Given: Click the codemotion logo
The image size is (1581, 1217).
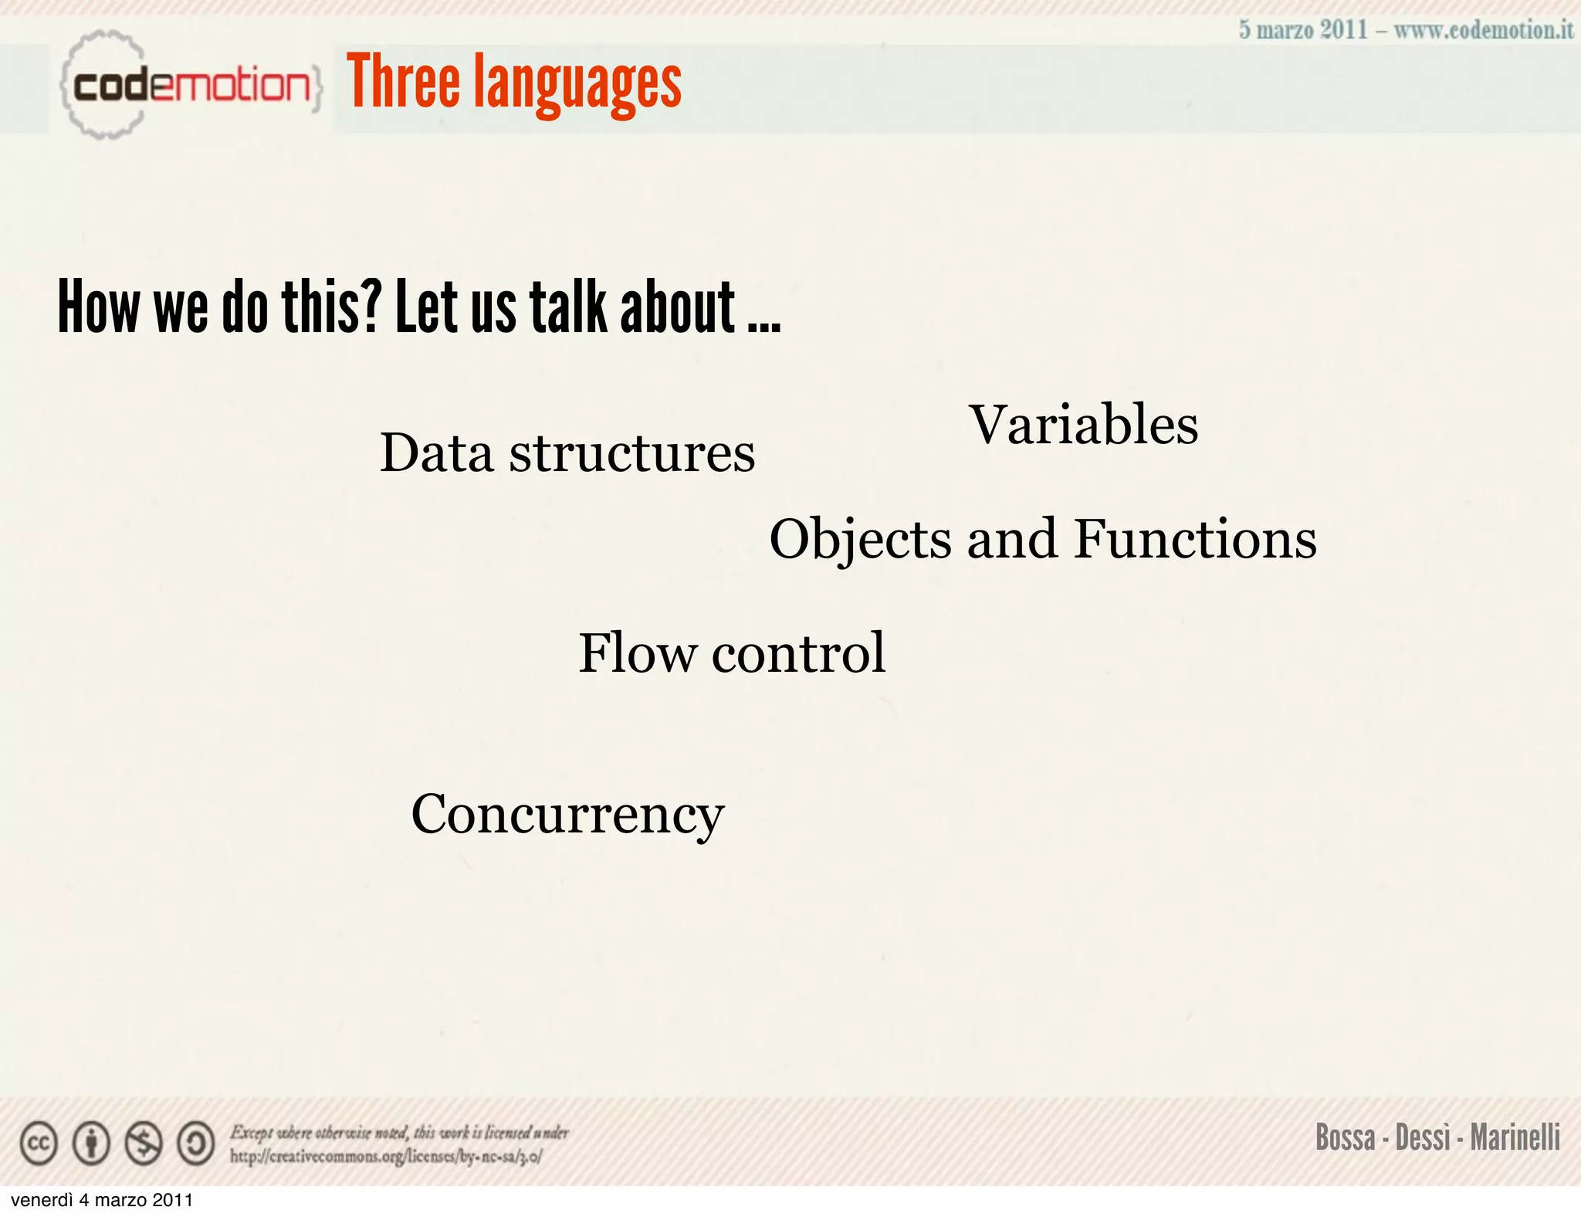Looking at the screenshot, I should [190, 85].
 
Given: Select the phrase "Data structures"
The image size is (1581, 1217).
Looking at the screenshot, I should [567, 453].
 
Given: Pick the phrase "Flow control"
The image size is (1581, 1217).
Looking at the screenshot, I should [732, 653].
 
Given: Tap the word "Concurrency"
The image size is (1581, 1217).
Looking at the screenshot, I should [567, 815].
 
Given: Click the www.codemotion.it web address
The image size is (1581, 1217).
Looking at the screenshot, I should [1483, 30].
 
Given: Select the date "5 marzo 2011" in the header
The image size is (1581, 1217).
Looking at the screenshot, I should [1303, 30].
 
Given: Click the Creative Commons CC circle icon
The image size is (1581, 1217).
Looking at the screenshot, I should [39, 1144].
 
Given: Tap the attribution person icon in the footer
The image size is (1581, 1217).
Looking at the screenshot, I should [91, 1144].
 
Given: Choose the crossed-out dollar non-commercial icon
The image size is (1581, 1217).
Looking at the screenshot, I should [144, 1144].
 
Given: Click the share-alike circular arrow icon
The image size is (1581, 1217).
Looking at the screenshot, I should [196, 1144].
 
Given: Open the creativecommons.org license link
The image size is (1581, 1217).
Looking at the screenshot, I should [386, 1157].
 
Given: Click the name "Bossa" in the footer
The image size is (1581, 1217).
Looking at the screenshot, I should [1346, 1137].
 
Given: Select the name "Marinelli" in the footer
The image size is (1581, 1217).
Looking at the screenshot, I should [1515, 1137].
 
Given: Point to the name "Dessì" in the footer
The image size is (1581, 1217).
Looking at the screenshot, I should [1424, 1137].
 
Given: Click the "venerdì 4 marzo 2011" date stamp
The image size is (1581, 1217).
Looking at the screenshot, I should [102, 1201].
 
